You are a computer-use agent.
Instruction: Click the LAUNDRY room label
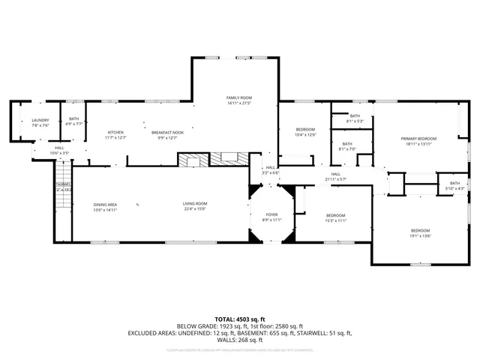point(40,120)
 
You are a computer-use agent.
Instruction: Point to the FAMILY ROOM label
point(239,97)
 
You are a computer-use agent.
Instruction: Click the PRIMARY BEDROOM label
point(418,139)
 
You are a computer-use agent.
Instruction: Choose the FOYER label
point(271,214)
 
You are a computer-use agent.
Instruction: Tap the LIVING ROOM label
point(194,204)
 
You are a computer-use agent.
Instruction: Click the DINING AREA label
point(105,205)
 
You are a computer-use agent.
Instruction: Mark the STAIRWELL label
point(63,184)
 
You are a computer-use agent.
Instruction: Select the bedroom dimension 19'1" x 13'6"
point(420,235)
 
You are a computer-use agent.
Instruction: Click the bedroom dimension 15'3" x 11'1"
point(335,220)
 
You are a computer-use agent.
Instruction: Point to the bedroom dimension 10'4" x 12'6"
point(305,135)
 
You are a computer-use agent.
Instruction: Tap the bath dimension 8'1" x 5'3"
point(355,121)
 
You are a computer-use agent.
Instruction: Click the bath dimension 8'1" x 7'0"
point(347,149)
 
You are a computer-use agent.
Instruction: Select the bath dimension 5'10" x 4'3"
point(454,188)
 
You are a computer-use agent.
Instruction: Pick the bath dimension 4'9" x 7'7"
point(73,124)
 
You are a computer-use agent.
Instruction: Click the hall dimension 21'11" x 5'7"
point(335,179)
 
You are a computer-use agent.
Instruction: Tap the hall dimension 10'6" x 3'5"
point(59,153)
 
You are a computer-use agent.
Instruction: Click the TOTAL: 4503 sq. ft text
point(239,319)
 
